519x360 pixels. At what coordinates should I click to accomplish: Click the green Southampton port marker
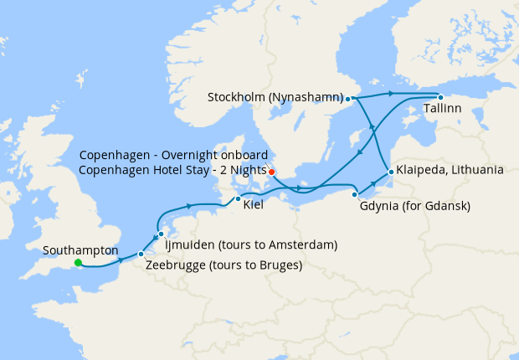click(x=78, y=263)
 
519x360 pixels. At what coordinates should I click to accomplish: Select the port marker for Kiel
click(x=239, y=199)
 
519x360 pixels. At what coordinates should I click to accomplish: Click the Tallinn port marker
click(x=440, y=97)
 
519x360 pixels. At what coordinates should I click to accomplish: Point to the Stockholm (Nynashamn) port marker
click(x=347, y=99)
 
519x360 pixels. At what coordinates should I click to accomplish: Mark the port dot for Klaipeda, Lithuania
click(x=390, y=172)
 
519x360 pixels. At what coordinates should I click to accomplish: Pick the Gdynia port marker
click(x=355, y=194)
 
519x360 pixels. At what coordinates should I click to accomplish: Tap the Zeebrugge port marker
click(x=141, y=254)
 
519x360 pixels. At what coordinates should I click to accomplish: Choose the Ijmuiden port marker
click(x=161, y=234)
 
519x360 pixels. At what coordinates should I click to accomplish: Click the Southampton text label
click(x=80, y=250)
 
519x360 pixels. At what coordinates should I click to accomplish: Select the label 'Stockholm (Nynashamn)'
click(x=275, y=98)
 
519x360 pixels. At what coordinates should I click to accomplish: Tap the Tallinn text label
click(x=443, y=110)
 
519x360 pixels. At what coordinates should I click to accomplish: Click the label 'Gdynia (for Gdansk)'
click(x=415, y=206)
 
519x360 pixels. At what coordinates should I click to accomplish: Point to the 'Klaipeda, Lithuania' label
click(x=450, y=170)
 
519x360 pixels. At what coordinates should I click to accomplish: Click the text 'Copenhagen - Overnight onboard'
click(x=173, y=156)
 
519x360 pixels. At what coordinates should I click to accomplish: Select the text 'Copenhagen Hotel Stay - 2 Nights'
click(x=173, y=170)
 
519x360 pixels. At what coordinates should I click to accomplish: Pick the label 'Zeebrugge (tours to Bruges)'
click(x=224, y=265)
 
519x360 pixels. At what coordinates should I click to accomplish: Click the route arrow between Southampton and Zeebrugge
click(x=122, y=261)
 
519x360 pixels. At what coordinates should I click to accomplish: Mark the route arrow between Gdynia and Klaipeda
click(x=373, y=183)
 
